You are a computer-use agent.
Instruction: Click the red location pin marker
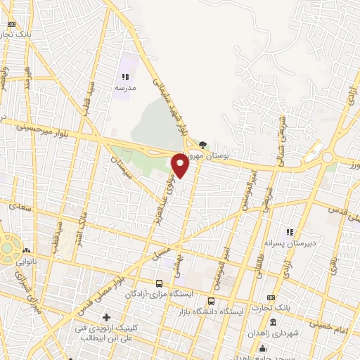click(180, 165)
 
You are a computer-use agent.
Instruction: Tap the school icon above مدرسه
click(125, 77)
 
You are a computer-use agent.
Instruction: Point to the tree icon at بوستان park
click(203, 144)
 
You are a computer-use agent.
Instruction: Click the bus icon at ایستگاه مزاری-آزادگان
click(158, 283)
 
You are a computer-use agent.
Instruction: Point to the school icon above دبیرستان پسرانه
click(288, 232)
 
